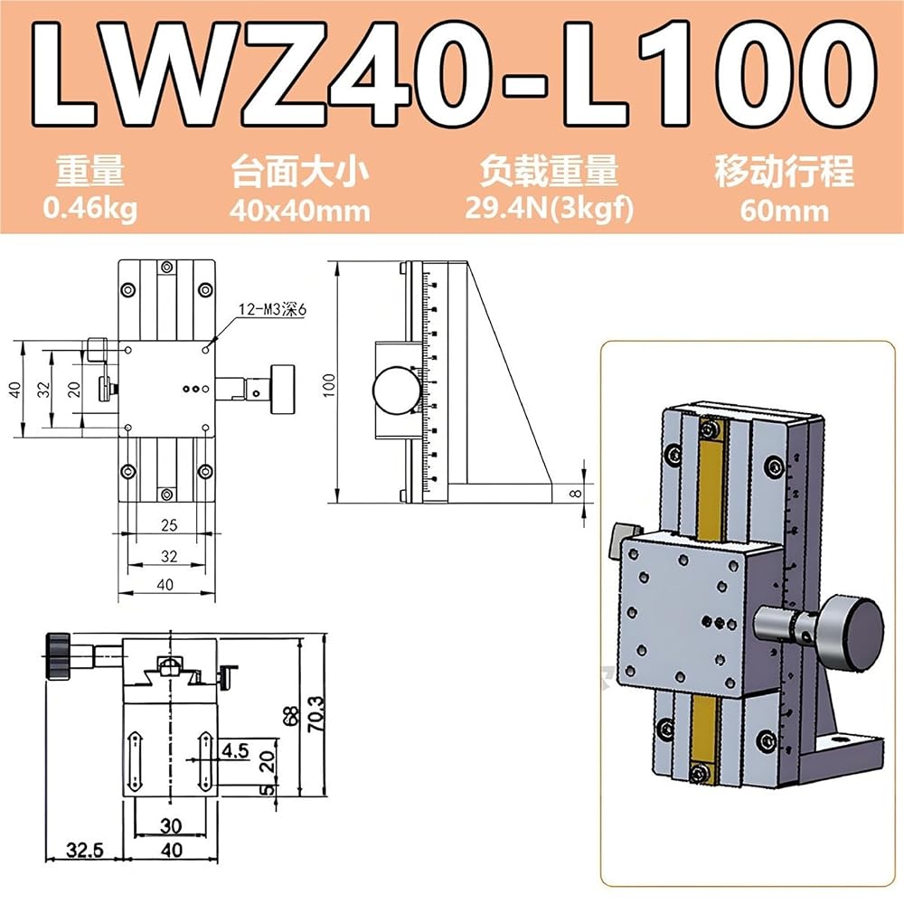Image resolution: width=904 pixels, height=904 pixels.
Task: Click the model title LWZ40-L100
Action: [454, 74]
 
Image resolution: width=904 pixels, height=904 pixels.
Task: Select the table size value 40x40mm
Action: [300, 211]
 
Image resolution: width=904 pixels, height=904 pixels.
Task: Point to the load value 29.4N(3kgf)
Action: [549, 208]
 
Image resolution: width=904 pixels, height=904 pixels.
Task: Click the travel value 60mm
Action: [785, 211]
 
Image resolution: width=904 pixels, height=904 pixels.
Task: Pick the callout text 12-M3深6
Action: [273, 309]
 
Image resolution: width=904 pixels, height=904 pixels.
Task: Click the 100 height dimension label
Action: [329, 384]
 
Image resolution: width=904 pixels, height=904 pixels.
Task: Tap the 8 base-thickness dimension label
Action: [575, 494]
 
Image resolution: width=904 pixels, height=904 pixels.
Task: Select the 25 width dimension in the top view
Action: [169, 525]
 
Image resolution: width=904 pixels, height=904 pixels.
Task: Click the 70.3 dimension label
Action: [315, 714]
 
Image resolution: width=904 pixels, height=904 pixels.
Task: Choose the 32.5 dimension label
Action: [85, 850]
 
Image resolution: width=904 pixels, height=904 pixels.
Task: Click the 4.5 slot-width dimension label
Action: [235, 750]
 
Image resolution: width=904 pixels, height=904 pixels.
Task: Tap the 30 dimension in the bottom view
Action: [171, 825]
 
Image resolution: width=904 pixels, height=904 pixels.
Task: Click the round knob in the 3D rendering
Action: [852, 636]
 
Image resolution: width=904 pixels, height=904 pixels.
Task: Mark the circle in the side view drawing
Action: [397, 391]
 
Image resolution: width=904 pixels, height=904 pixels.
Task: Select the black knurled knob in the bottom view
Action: [57, 656]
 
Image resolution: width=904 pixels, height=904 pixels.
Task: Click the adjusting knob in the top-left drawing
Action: [282, 389]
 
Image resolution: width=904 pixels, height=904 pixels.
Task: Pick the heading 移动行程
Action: [785, 172]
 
